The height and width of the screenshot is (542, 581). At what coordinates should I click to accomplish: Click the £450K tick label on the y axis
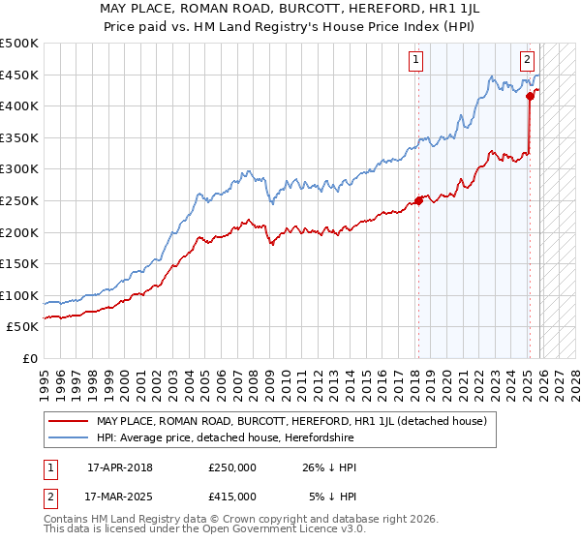(x=19, y=75)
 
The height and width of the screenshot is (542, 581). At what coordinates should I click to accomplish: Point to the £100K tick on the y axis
(x=19, y=295)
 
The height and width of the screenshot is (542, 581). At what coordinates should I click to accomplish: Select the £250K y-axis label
(x=19, y=201)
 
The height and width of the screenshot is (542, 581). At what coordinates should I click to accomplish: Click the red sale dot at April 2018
(x=418, y=201)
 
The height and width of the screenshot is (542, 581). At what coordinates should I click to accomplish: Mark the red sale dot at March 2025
(x=531, y=97)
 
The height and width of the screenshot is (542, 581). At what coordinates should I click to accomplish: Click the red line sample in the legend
(x=68, y=421)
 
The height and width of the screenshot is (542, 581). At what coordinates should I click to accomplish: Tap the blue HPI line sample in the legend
(x=68, y=437)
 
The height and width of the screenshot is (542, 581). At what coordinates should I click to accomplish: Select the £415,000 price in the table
(x=232, y=496)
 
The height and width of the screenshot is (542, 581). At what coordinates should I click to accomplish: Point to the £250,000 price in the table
(x=232, y=467)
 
